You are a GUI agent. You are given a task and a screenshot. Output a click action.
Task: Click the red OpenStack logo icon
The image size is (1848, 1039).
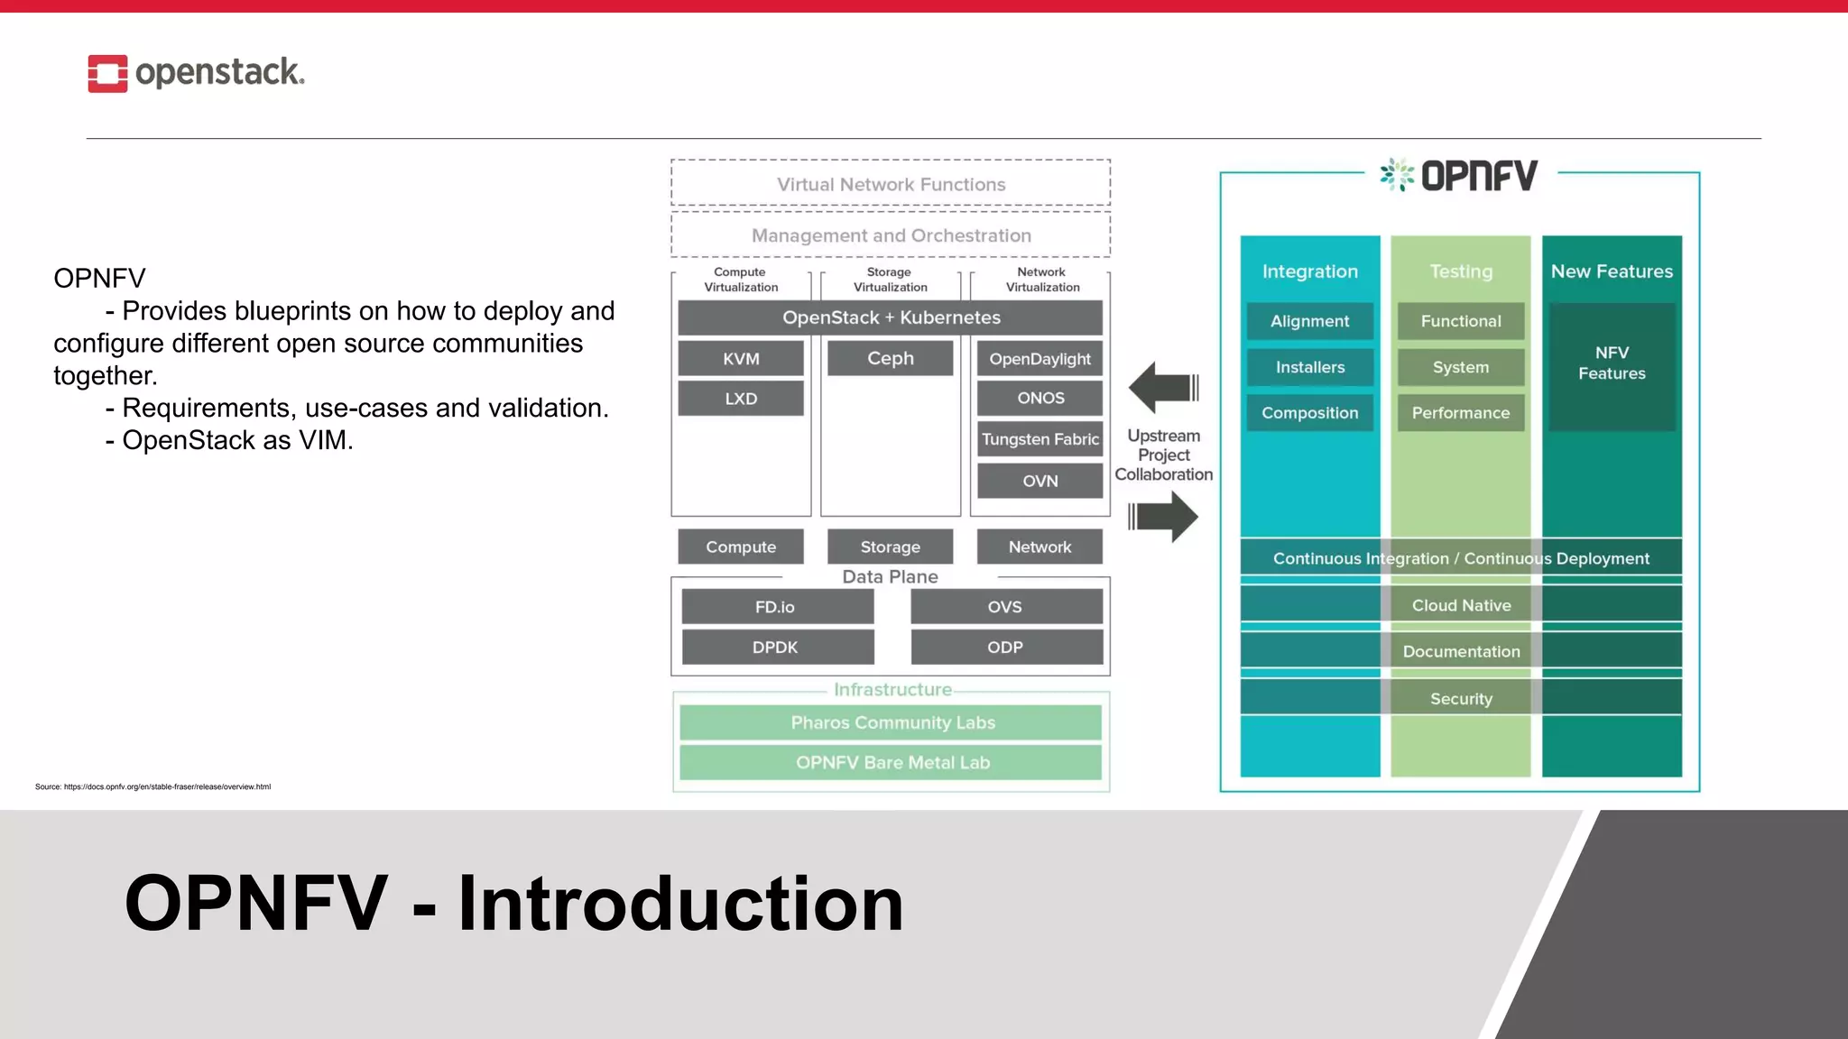(x=107, y=73)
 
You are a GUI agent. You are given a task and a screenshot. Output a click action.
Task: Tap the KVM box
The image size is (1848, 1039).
(x=741, y=359)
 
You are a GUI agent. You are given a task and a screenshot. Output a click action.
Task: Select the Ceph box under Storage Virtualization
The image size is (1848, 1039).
(x=890, y=358)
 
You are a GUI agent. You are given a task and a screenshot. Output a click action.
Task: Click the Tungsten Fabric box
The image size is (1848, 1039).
(x=1039, y=439)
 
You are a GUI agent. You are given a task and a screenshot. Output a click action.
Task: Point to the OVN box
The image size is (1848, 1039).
(x=1039, y=481)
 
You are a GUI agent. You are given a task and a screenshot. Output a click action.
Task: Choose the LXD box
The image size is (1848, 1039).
(x=741, y=399)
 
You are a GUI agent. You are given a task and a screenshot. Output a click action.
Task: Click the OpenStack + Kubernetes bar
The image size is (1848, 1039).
(x=891, y=317)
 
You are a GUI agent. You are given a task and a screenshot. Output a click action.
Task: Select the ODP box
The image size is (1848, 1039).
(x=1005, y=648)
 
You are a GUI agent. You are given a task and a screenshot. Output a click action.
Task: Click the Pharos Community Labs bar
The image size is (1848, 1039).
(x=892, y=722)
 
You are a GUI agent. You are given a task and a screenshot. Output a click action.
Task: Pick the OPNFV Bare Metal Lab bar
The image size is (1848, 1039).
(x=892, y=763)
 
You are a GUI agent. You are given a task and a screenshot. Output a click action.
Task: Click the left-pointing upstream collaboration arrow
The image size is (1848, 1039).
(x=1162, y=388)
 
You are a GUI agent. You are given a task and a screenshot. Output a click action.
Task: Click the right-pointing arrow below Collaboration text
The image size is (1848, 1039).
(x=1164, y=517)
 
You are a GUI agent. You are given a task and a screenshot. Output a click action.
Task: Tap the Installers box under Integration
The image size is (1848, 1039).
(x=1309, y=367)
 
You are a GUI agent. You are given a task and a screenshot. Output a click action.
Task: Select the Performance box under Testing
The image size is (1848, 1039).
(x=1460, y=413)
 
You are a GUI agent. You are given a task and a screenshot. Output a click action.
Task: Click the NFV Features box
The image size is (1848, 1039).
(x=1612, y=363)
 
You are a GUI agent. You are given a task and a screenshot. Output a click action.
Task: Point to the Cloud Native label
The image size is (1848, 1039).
(x=1461, y=605)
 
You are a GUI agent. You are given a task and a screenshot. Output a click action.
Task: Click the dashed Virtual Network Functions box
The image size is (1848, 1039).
(x=891, y=184)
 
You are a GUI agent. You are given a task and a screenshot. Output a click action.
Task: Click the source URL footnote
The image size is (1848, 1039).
(x=153, y=786)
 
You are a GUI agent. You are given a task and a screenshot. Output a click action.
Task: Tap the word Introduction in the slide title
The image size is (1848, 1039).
(x=680, y=904)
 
